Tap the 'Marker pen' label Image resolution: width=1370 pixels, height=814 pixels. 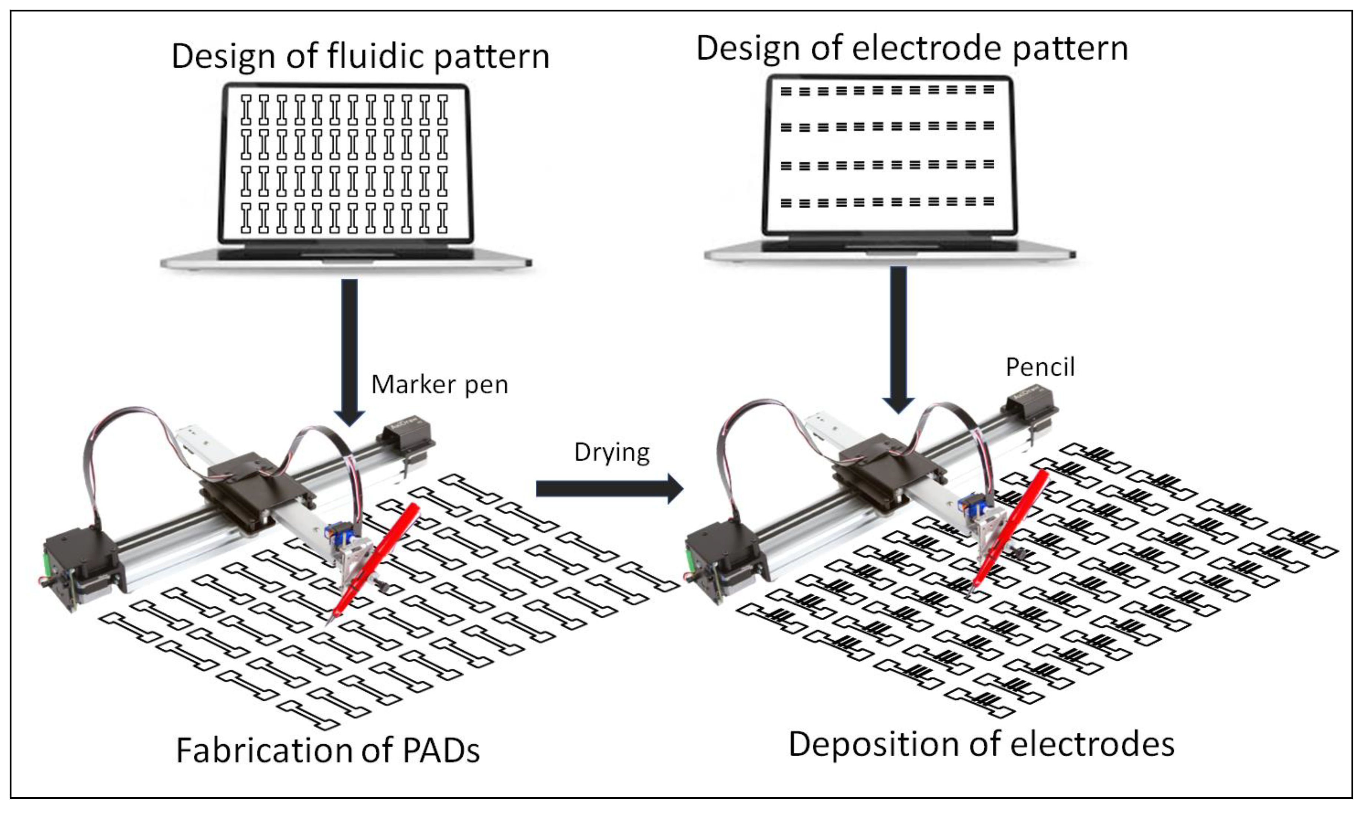pos(439,385)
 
